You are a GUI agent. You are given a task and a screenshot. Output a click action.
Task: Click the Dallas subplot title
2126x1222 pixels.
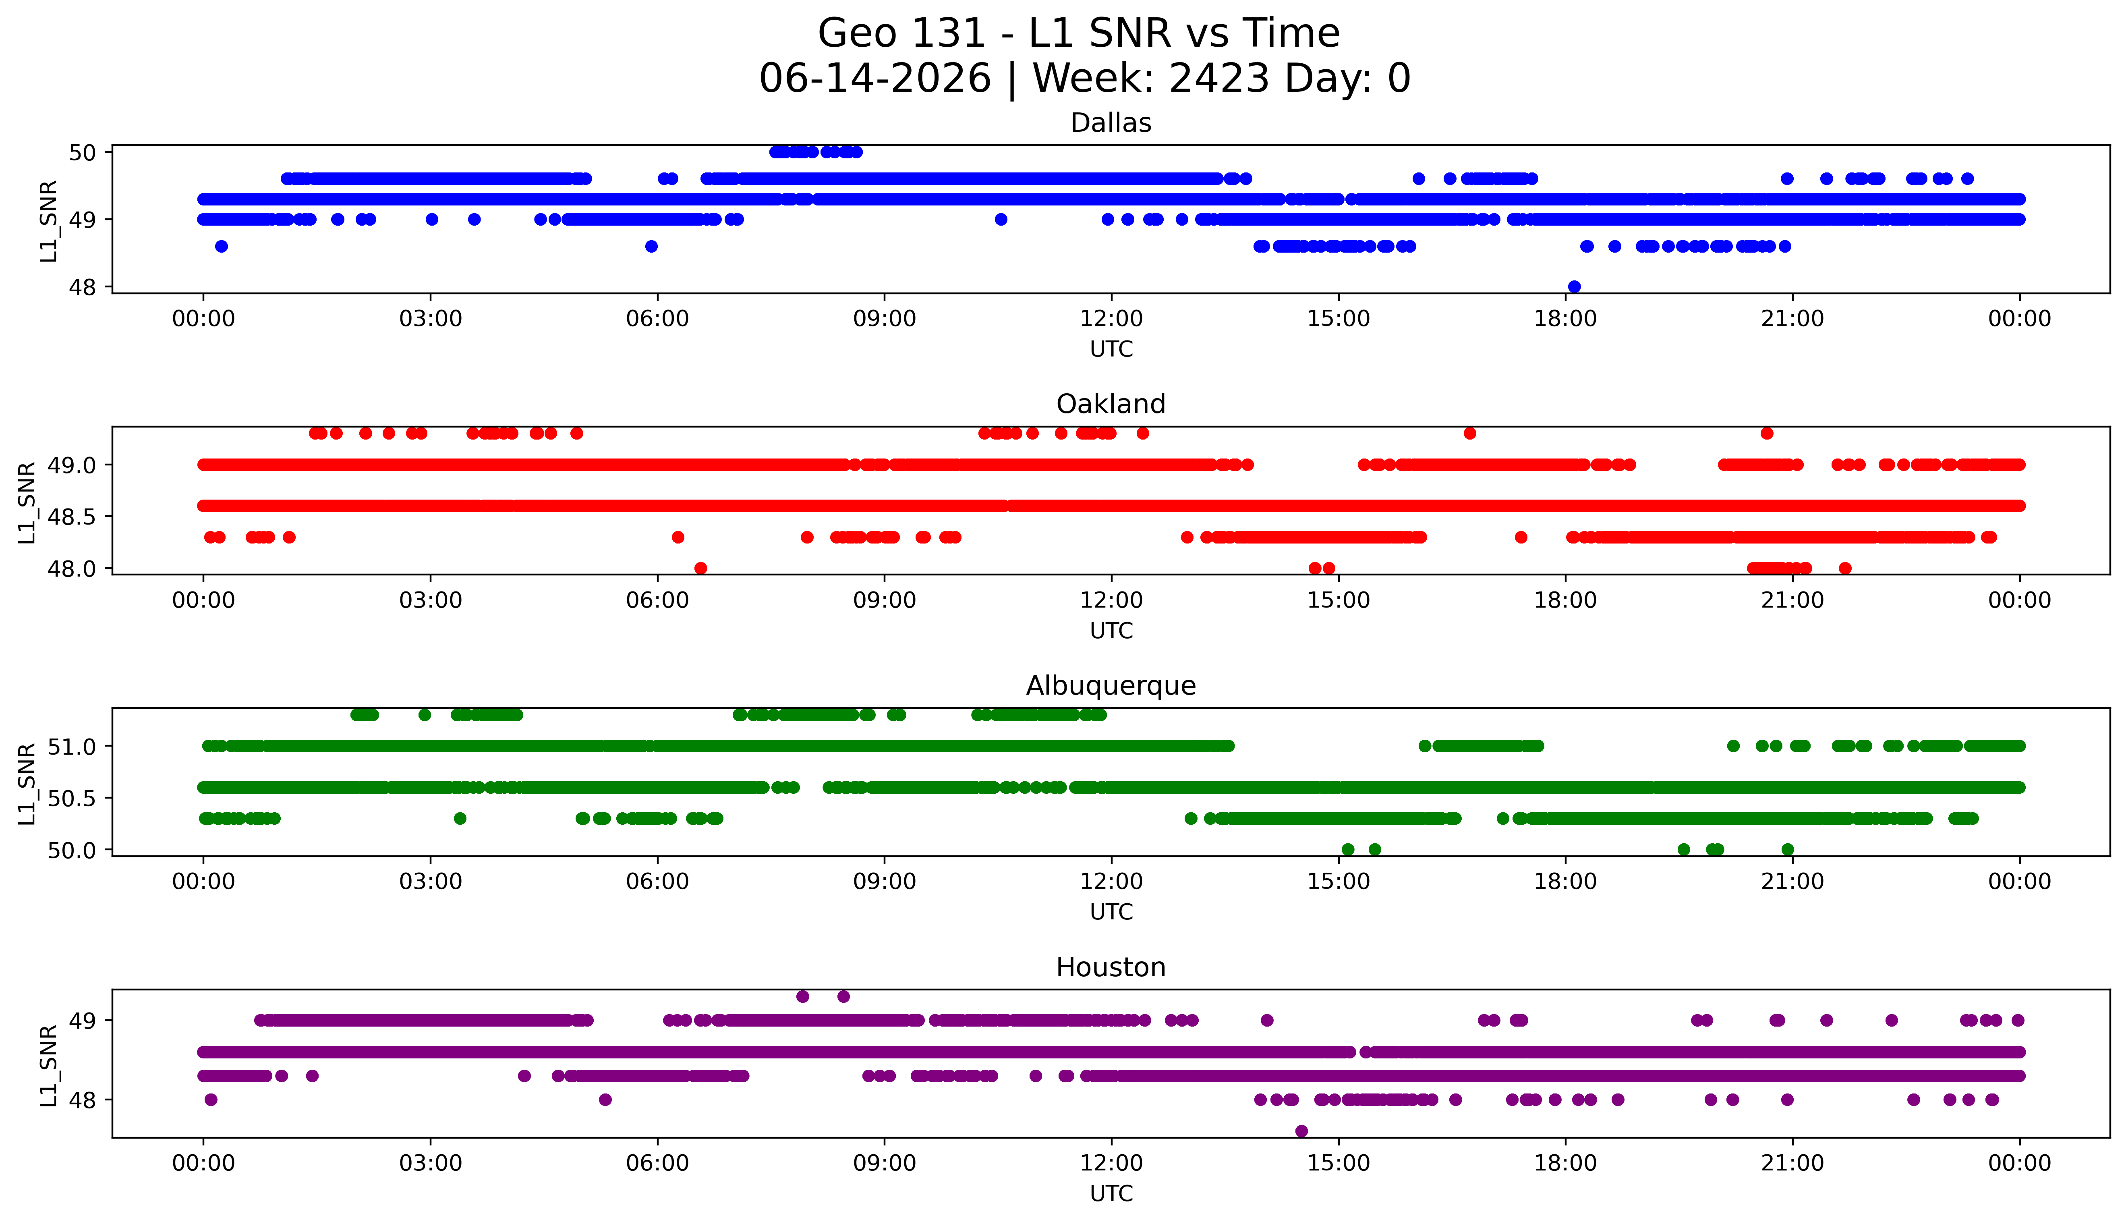[1111, 123]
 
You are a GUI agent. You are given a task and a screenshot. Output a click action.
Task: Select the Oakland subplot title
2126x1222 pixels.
[1111, 405]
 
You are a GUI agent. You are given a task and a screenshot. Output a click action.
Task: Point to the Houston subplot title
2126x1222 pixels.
[1111, 968]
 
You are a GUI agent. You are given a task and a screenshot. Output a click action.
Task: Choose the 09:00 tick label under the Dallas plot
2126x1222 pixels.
[884, 319]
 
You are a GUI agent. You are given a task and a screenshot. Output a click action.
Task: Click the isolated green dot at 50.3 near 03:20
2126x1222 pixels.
[460, 818]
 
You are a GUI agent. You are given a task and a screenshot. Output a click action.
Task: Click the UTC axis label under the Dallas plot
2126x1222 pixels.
[1111, 349]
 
